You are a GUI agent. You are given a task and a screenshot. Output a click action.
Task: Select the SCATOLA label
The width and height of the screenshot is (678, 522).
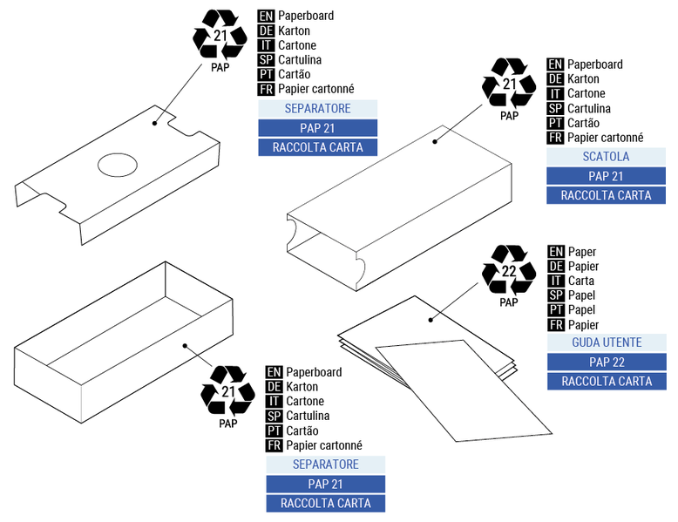606,157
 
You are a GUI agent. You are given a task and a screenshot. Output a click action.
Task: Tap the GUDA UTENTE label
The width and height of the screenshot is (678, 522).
606,342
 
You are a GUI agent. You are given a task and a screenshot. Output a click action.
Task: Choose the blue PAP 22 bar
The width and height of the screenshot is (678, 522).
606,362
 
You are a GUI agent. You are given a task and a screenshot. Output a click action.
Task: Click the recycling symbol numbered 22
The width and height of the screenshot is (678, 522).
509,270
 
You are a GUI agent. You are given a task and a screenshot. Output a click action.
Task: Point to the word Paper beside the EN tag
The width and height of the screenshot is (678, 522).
581,252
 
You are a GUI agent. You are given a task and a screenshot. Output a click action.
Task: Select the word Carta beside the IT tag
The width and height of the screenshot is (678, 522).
580,281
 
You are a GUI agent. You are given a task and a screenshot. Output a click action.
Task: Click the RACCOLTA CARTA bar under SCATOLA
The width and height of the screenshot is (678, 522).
606,195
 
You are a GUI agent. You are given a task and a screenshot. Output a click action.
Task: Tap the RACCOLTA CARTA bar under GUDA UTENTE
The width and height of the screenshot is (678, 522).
606,381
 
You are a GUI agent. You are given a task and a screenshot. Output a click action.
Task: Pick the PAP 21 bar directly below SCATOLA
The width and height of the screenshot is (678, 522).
606,176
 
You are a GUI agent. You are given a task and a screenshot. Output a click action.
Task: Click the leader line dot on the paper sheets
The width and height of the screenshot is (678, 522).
430,320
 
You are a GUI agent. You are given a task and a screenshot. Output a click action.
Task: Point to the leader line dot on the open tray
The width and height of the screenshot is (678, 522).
185,345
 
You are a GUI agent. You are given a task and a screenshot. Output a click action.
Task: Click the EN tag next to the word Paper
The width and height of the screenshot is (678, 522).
555,252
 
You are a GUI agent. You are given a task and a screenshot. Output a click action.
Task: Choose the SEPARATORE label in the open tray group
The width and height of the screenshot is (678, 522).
325,464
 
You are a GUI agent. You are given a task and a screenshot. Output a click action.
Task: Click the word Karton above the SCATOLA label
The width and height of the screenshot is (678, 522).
583,78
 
